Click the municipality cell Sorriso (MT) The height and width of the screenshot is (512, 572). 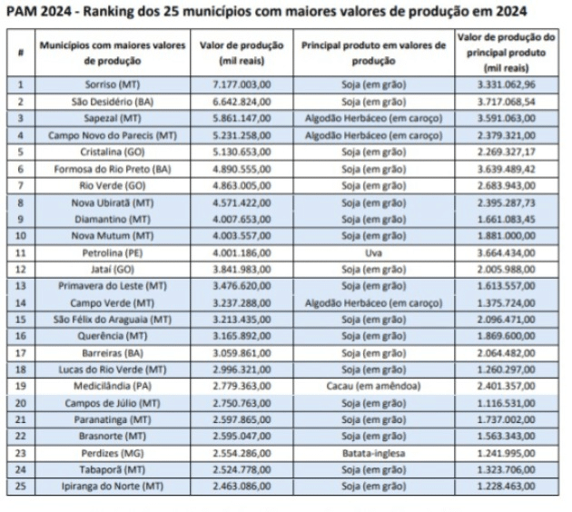113,85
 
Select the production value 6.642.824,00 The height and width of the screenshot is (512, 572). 242,102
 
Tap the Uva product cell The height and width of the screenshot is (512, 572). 373,253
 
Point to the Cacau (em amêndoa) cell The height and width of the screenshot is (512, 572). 373,386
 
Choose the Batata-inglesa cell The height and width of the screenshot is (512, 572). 373,454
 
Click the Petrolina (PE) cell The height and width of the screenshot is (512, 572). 113,253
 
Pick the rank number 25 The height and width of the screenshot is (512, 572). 21,487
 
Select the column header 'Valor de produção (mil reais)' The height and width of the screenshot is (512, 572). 242,53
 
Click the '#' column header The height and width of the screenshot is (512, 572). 21,53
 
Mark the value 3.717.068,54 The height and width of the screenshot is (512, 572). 507,102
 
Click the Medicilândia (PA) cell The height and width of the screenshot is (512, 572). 113,386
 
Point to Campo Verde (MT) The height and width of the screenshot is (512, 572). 113,303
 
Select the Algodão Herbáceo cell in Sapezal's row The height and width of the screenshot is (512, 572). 373,119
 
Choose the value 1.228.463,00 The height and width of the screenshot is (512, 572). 507,487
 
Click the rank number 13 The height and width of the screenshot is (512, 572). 21,286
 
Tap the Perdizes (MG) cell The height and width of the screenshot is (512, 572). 113,454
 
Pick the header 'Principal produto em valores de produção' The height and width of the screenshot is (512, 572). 373,53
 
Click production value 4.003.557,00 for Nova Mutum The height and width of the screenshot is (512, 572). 242,236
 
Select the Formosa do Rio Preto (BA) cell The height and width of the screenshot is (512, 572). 113,170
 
